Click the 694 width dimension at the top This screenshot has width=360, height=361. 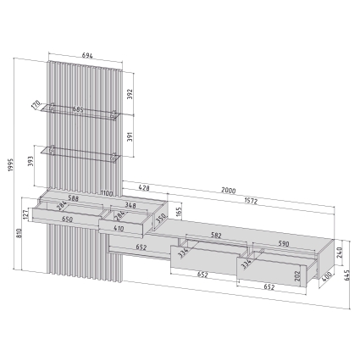(x=87, y=56)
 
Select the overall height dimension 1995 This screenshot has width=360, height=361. (x=11, y=165)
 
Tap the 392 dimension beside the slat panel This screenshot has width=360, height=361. (x=130, y=94)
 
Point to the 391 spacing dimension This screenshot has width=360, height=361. (x=130, y=137)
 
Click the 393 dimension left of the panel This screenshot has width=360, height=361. (x=31, y=161)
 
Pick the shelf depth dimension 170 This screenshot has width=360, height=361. (x=36, y=105)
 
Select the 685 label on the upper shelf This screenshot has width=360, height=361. (x=78, y=109)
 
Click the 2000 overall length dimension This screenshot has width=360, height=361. (x=229, y=191)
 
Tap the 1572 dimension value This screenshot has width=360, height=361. (x=251, y=201)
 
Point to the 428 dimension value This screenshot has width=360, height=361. (x=144, y=188)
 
